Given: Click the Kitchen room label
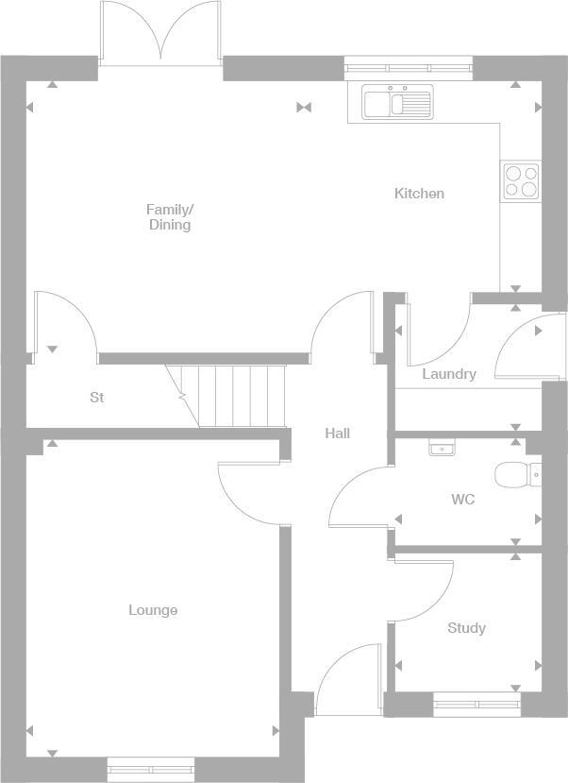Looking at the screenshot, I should coord(419,194).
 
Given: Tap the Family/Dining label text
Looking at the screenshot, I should coord(170,217).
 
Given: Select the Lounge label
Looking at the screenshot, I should coord(153,610).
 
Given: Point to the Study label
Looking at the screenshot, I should coord(466,628).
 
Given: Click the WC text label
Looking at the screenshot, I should coord(462,499).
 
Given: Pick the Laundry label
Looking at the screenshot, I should coord(449,374).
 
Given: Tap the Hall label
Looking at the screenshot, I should coord(337,434).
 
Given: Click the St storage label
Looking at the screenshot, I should coord(96,398).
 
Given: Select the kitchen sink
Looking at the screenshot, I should coord(396,101).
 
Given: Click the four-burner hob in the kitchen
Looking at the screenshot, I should coord(521,180).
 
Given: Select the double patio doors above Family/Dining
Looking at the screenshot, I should coord(160,33).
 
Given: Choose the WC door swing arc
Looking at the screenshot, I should coord(357,496).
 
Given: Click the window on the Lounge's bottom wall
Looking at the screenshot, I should coord(151,769).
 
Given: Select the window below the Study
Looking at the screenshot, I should coord(476,704).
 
